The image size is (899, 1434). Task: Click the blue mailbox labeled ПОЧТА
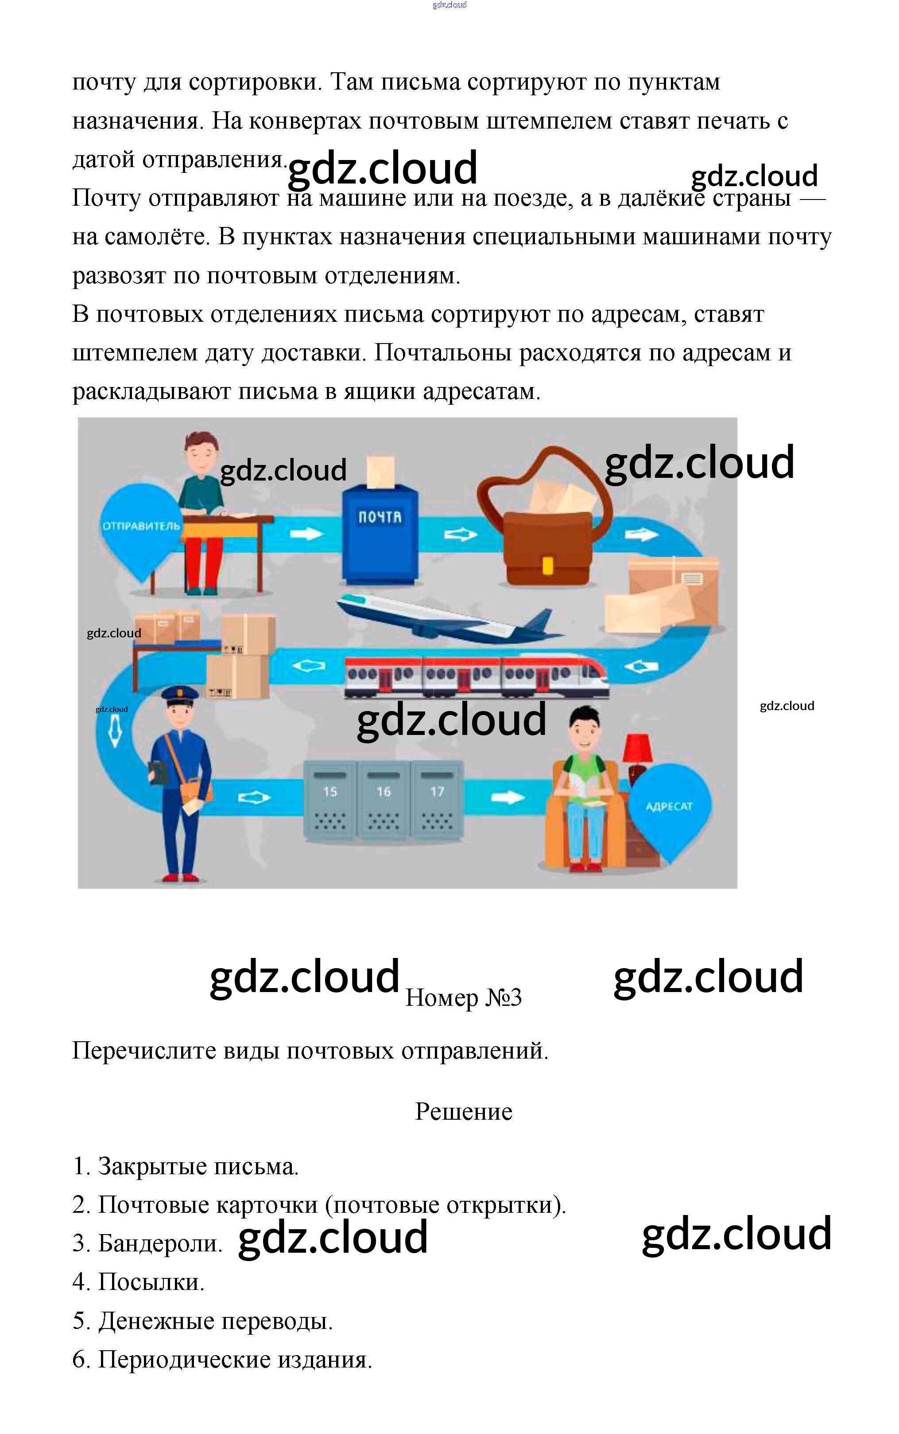(380, 532)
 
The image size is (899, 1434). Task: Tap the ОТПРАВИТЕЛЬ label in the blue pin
(141, 526)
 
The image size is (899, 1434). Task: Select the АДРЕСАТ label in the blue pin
(669, 806)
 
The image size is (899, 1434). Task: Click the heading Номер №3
(463, 998)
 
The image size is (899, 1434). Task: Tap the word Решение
(463, 1111)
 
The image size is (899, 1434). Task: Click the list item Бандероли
(159, 1243)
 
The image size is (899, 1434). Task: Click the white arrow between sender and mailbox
(306, 533)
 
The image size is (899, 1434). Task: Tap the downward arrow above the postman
(115, 731)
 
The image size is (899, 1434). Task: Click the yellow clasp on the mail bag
(548, 565)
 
